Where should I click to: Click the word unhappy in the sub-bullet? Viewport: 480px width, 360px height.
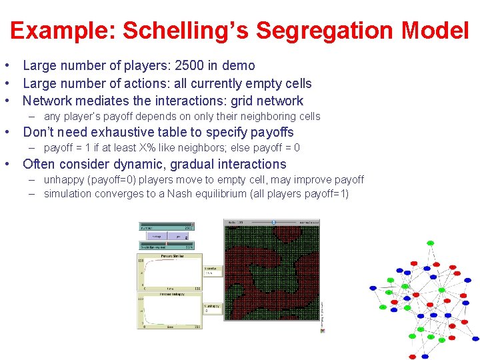[x=66, y=180]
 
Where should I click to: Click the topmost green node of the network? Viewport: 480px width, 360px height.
[x=431, y=243]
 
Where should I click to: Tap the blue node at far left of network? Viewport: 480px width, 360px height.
[x=373, y=288]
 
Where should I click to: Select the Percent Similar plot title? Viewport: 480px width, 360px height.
[x=172, y=256]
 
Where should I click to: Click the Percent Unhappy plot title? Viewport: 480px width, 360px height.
[x=172, y=294]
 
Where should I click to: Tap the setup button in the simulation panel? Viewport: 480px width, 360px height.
[x=157, y=236]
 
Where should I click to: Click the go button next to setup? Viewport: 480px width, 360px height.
[x=176, y=236]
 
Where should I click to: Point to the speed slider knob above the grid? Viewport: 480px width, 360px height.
[x=273, y=222]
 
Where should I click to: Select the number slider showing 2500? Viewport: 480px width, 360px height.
[x=166, y=227]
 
